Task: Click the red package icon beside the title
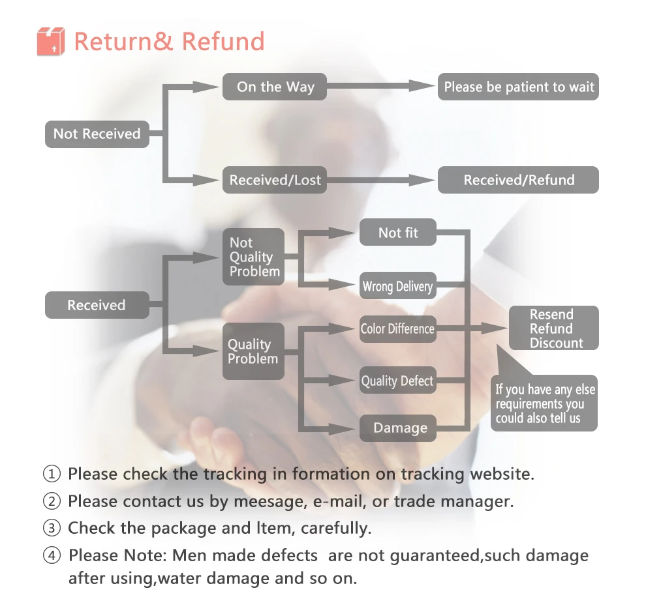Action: [x=51, y=41]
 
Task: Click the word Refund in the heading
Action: [x=223, y=42]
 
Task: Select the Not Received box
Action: [x=97, y=134]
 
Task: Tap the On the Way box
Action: [x=275, y=87]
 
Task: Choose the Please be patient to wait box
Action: [x=518, y=87]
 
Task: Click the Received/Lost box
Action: [x=275, y=180]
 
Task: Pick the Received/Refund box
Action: [x=518, y=180]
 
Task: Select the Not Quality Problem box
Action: [x=253, y=257]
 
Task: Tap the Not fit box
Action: [x=397, y=233]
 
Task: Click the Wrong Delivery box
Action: [x=397, y=285]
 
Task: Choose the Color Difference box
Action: [x=397, y=329]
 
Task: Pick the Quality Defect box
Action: [x=397, y=380]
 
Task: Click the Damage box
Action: [x=397, y=428]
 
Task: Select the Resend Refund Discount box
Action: [x=554, y=328]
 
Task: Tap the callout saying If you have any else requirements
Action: [x=544, y=403]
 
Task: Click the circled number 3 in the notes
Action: [x=52, y=528]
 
